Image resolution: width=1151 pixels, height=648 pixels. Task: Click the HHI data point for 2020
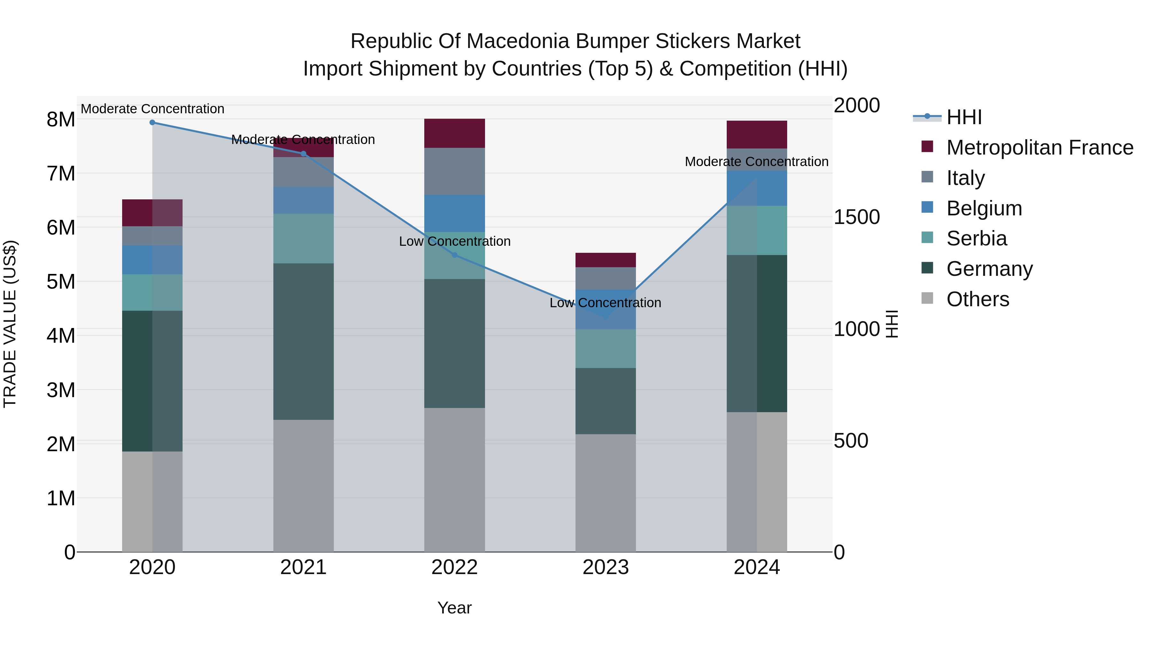153,122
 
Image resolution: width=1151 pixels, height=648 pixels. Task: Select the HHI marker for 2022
454,255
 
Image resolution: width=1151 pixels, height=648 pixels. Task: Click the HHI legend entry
964,117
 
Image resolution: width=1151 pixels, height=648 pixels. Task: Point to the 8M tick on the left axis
61,119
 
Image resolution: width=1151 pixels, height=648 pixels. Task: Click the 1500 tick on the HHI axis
857,217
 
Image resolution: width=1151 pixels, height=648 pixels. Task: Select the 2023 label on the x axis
606,567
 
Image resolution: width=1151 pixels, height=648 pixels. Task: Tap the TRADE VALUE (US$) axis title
10,324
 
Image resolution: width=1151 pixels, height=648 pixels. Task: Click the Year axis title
454,608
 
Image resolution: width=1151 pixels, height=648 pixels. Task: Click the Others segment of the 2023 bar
606,493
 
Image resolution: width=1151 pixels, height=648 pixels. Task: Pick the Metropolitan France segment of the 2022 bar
454,133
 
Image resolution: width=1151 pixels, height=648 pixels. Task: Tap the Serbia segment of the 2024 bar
757,230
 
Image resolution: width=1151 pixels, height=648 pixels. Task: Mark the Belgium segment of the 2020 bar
153,260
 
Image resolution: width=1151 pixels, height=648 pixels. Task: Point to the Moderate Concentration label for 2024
756,162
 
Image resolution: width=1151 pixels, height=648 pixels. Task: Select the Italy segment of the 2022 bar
454,171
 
